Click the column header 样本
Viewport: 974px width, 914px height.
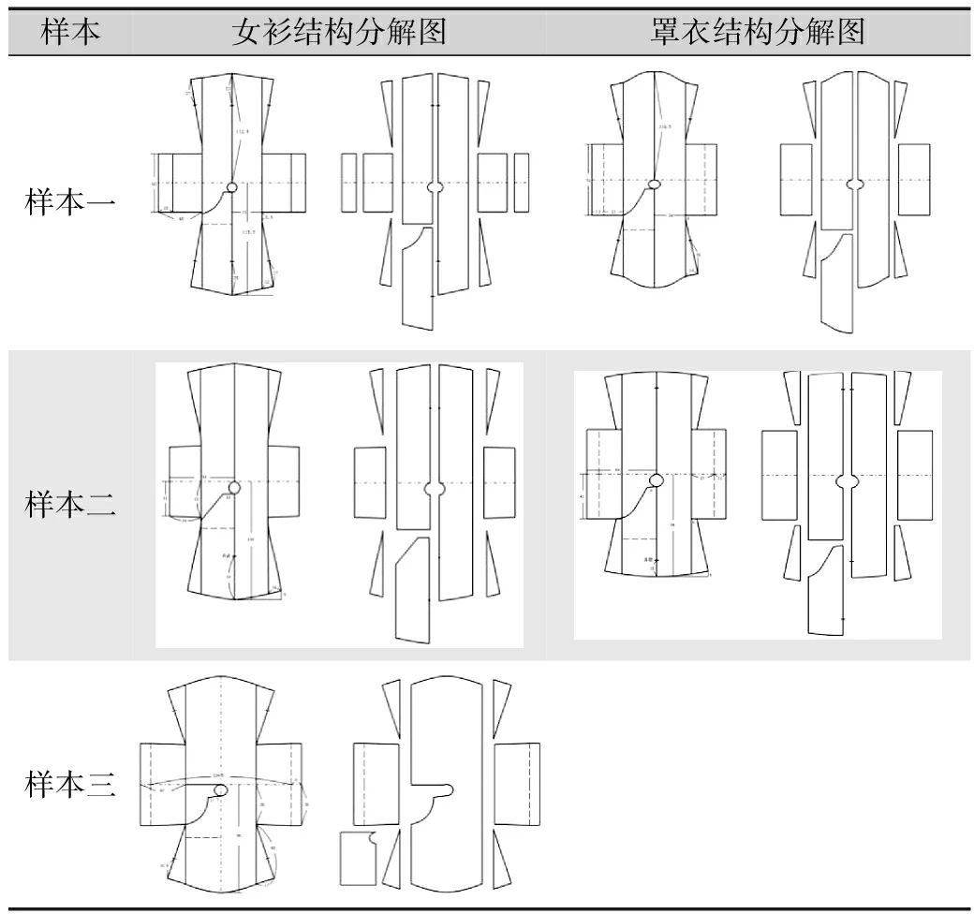(71, 33)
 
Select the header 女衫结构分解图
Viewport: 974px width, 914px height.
(338, 33)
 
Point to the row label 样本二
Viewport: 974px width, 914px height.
(71, 506)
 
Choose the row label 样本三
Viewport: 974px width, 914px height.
(71, 786)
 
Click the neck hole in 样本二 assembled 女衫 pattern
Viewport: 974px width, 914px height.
(233, 487)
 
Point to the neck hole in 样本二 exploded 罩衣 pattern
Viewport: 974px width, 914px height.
(847, 481)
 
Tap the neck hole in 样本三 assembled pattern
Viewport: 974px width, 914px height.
(221, 791)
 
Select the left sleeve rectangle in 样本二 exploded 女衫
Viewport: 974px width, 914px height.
(369, 482)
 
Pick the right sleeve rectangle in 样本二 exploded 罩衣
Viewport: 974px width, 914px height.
(914, 475)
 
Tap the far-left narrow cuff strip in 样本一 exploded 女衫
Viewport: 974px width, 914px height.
(348, 182)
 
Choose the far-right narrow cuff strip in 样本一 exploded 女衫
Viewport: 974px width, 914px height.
(520, 182)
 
